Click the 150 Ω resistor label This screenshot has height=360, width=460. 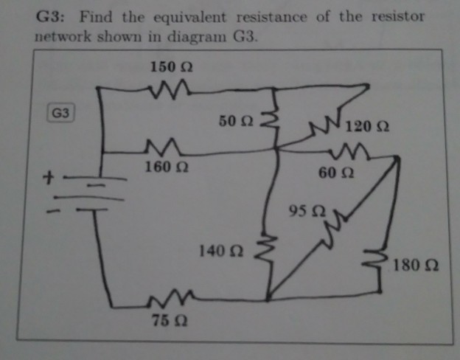171,66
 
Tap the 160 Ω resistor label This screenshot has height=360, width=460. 167,167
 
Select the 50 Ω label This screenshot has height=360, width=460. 236,121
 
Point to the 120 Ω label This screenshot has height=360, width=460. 367,127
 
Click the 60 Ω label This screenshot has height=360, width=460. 336,173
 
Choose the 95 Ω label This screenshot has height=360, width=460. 307,211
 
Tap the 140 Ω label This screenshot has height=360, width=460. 221,251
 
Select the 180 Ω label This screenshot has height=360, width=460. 416,265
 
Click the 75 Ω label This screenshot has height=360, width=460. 170,320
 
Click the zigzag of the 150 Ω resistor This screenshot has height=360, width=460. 170,89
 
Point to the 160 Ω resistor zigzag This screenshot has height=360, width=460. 163,147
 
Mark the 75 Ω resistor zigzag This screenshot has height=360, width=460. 171,298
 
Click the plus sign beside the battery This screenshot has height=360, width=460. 49,178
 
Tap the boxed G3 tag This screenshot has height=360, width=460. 60,113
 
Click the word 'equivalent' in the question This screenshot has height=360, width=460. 189,18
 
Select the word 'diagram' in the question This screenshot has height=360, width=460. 197,38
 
